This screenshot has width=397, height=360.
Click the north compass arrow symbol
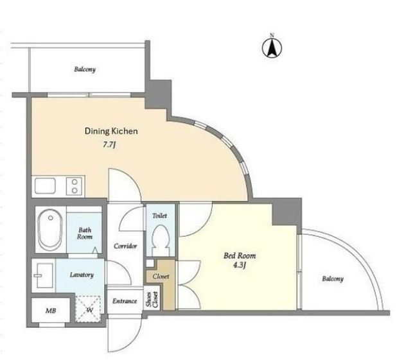[x=272, y=48]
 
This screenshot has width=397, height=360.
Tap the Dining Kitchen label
[x=111, y=131]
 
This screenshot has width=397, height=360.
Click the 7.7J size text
[x=110, y=145]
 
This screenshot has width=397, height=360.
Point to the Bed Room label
[x=240, y=255]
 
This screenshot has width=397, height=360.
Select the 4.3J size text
[x=240, y=266]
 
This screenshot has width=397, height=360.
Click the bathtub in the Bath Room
[x=50, y=230]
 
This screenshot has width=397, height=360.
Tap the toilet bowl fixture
[x=161, y=240]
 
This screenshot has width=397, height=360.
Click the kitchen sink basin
[x=45, y=185]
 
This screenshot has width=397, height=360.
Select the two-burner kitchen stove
[x=74, y=186]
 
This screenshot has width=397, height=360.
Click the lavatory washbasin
[x=44, y=275]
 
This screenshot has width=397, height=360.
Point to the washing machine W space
[x=89, y=308]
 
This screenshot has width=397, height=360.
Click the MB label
[x=51, y=311]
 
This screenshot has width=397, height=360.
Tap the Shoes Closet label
[x=152, y=300]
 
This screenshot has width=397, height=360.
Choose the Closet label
[x=161, y=277]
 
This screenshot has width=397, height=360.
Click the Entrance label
[x=125, y=301]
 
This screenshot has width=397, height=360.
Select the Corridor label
[x=125, y=246]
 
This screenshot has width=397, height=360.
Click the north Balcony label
[x=85, y=69]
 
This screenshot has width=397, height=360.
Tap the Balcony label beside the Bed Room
[x=333, y=279]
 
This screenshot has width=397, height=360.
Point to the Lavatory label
[x=82, y=275]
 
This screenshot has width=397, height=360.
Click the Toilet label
[x=159, y=216]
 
